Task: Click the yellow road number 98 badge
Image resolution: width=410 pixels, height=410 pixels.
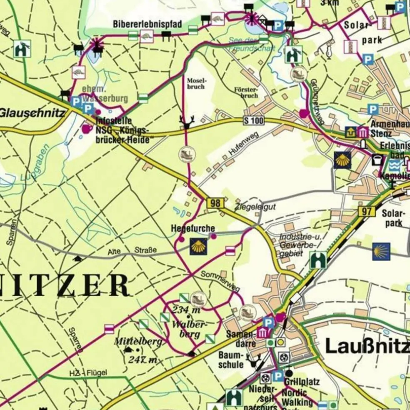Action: [x=215, y=203]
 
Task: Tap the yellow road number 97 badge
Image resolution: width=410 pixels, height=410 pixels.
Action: [x=366, y=211]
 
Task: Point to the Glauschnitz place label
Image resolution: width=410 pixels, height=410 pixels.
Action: [x=32, y=112]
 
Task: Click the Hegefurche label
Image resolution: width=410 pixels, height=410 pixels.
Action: [x=193, y=229]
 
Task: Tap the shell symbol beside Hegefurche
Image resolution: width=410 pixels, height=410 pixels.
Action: [x=198, y=246]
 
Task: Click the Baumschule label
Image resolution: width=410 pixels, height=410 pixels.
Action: [x=231, y=360]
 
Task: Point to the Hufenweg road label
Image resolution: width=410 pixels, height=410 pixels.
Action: [x=244, y=144]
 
